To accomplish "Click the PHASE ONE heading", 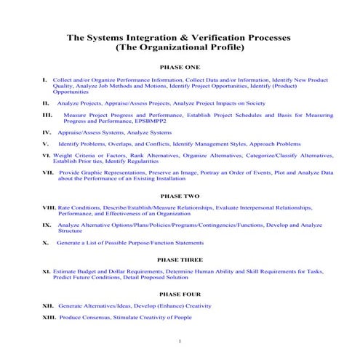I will [x=180, y=66].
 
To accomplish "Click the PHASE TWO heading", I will [x=180, y=196].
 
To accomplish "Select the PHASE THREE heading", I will [x=180, y=259].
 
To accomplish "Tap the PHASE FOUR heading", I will [x=180, y=294].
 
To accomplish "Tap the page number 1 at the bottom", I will [x=180, y=340].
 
